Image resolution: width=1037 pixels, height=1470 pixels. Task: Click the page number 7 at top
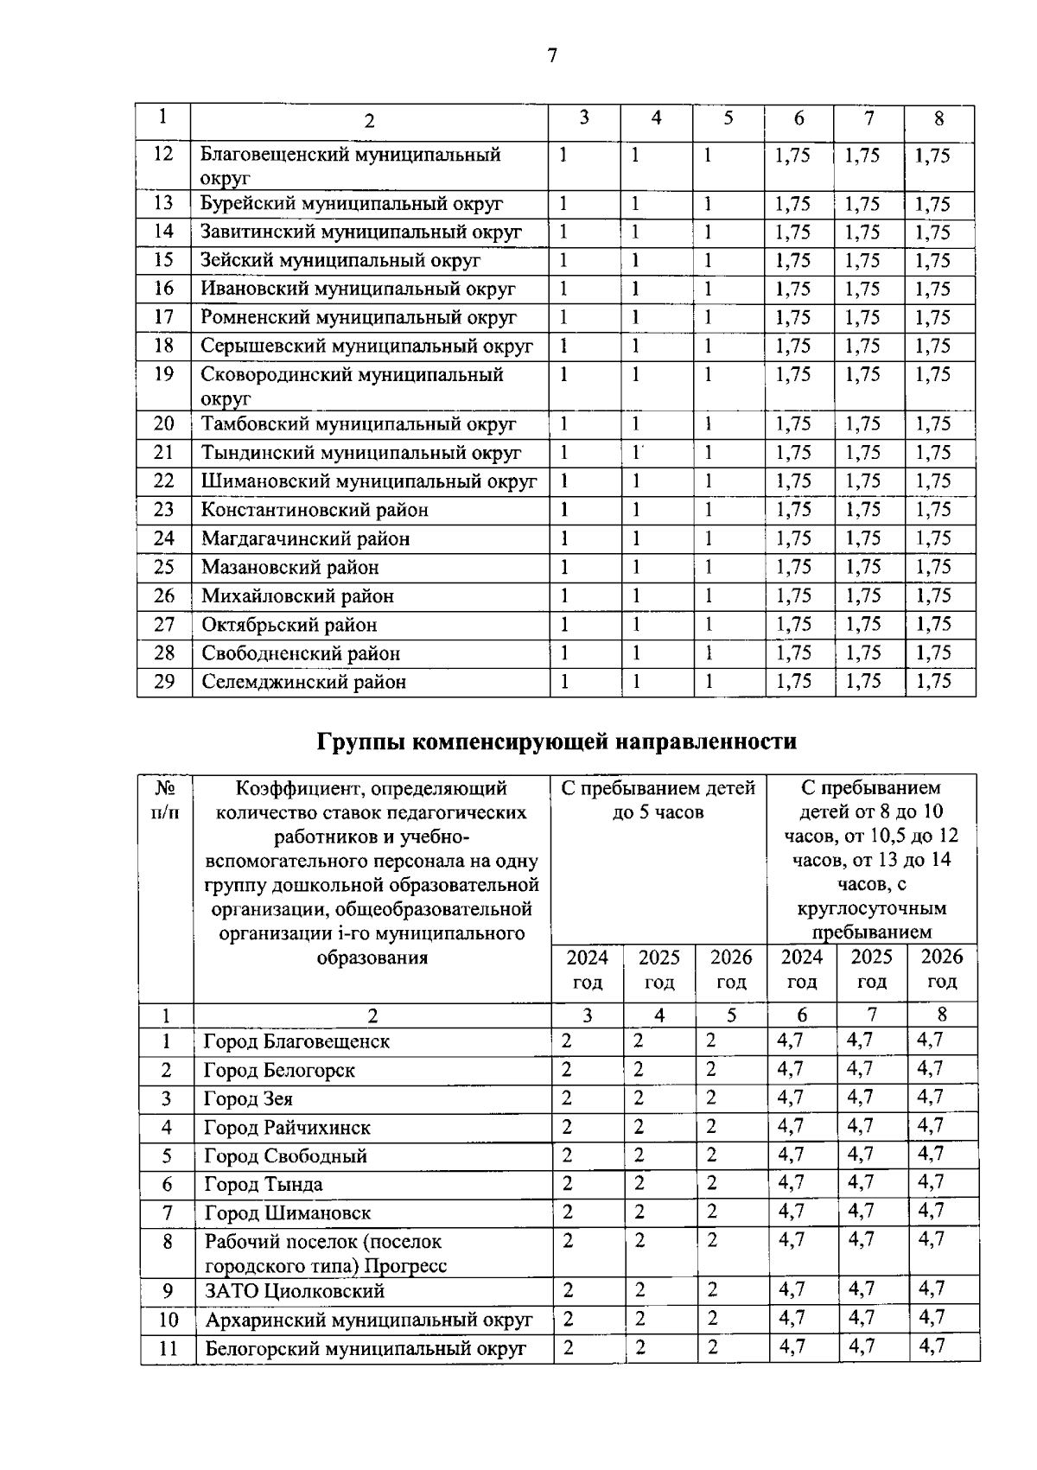click(552, 56)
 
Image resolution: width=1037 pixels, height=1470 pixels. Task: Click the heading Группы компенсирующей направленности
click(557, 741)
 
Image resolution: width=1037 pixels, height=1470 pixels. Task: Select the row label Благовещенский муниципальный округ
click(351, 165)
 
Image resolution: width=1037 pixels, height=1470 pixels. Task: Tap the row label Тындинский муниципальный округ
click(361, 452)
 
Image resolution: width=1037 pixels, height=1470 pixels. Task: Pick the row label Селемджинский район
click(303, 682)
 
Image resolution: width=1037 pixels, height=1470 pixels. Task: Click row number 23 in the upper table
click(163, 510)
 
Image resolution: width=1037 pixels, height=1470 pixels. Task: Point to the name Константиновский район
click(315, 510)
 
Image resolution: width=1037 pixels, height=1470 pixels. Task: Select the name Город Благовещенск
click(296, 1041)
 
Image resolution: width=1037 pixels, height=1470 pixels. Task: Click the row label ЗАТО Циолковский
click(294, 1291)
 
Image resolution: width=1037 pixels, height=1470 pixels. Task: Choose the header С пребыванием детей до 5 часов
click(658, 799)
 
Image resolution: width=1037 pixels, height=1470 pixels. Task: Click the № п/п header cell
click(166, 800)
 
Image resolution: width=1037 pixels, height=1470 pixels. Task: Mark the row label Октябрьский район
click(289, 625)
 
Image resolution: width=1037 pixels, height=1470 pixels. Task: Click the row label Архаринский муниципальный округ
click(368, 1320)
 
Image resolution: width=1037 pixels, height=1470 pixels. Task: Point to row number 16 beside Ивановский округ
click(163, 289)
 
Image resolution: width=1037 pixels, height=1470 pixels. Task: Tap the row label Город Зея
click(248, 1099)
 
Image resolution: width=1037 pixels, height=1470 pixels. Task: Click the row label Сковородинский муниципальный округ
click(352, 385)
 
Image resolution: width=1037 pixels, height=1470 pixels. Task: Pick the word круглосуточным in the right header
click(871, 908)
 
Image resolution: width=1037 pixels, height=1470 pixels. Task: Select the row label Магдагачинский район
click(305, 538)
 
